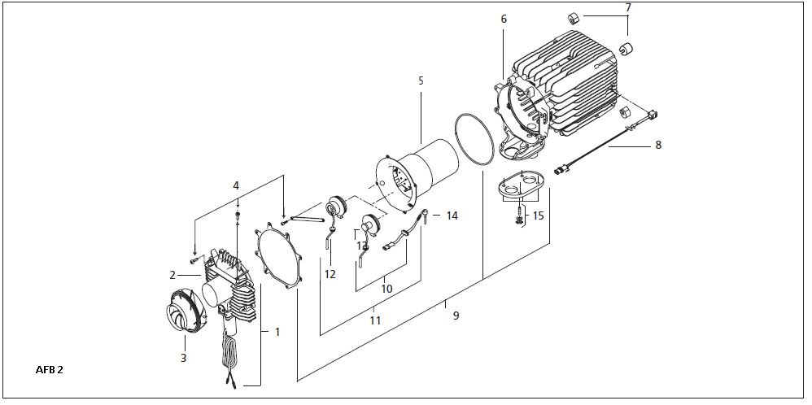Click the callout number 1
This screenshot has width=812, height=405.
[x=277, y=332]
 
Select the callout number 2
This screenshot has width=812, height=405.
[x=172, y=275]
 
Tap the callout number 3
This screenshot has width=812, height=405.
[x=183, y=357]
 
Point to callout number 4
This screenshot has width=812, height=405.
[x=236, y=185]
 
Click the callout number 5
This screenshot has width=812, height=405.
[x=421, y=81]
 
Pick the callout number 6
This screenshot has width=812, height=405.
[x=504, y=20]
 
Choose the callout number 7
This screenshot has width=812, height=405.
[x=628, y=8]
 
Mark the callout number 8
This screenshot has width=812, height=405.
[x=658, y=145]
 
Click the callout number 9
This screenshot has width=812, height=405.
[x=456, y=315]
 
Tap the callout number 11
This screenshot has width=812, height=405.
[x=375, y=320]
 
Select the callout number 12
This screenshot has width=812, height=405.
[x=330, y=274]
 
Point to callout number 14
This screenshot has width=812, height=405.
[x=452, y=216]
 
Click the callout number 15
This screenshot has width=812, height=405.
[x=538, y=216]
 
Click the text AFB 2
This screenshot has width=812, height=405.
[x=49, y=370]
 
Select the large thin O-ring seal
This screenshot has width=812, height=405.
[x=475, y=140]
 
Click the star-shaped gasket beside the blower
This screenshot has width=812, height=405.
[x=278, y=255]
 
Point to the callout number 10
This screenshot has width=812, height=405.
[x=386, y=289]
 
